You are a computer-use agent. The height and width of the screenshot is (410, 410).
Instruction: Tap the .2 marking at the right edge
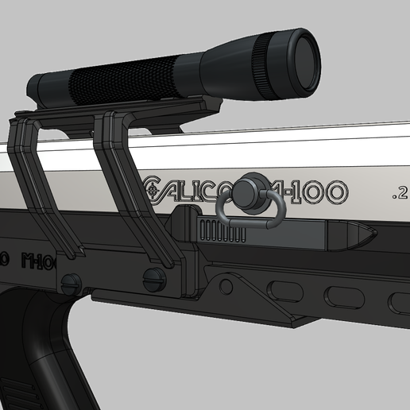click(399, 192)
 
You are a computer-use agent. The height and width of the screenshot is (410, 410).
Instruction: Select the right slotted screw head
click(154, 279)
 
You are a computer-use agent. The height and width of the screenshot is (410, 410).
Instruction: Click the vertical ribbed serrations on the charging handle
click(214, 232)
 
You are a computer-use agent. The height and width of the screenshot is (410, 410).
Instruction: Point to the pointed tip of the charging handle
click(365, 234)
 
